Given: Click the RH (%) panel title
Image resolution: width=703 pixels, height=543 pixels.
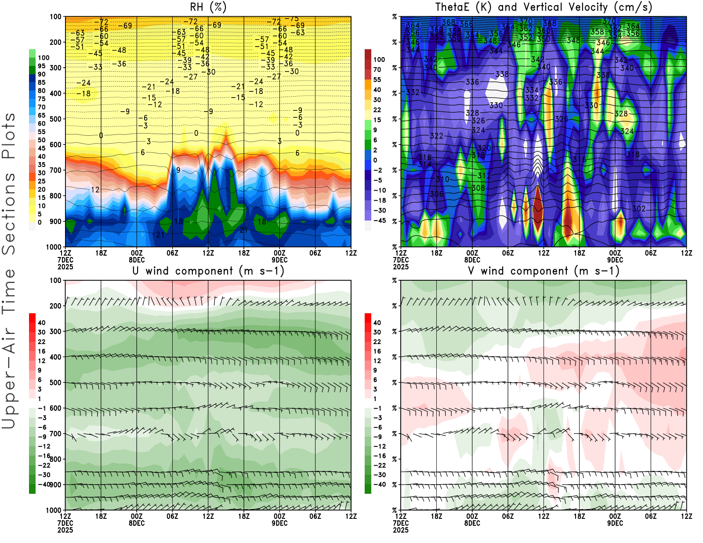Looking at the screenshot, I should [x=208, y=7].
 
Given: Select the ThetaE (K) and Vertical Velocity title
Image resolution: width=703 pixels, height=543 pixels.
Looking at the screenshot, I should [x=544, y=7].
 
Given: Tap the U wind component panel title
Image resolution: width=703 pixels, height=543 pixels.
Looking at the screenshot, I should [x=208, y=271].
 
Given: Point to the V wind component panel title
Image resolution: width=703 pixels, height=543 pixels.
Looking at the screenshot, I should [x=544, y=271].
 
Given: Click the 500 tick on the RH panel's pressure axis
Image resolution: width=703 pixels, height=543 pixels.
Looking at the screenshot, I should [x=55, y=119].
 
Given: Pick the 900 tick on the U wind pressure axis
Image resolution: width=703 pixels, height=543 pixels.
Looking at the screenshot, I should [x=55, y=485].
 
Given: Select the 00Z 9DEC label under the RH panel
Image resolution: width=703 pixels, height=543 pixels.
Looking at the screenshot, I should [x=279, y=256].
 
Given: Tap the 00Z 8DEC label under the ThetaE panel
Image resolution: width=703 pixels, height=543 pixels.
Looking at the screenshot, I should [x=472, y=256].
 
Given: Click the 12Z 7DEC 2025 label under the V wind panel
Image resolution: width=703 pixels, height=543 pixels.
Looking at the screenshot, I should [x=401, y=523].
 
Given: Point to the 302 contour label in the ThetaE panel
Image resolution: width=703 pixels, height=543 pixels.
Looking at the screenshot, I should [x=639, y=209].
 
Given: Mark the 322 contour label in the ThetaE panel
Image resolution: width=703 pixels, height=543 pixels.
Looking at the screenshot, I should [x=436, y=136].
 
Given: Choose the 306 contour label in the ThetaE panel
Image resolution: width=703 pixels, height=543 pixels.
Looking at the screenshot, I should [x=436, y=194].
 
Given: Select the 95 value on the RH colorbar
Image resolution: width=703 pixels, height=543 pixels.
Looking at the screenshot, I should [x=41, y=66].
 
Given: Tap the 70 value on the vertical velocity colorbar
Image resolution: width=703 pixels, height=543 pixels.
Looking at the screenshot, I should [x=377, y=69].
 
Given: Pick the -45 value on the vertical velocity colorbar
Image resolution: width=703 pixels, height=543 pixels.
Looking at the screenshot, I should [x=379, y=221].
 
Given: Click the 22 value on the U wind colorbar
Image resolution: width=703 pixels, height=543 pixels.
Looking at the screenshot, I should [x=41, y=341].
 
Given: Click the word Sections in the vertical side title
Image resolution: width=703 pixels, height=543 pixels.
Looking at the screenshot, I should [x=9, y=213].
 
